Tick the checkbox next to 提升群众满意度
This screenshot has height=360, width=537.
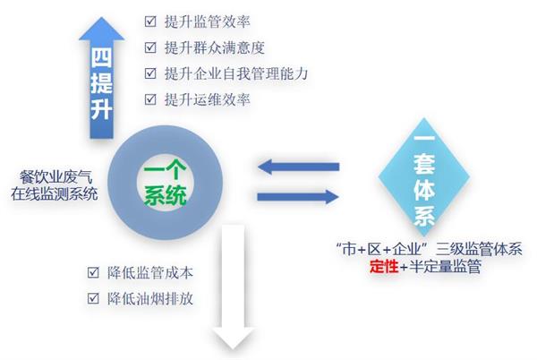[x=150, y=47]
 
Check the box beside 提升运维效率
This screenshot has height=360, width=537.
[x=150, y=99]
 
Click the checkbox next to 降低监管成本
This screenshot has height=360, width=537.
[x=93, y=271]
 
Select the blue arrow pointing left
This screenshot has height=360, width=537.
[x=295, y=166]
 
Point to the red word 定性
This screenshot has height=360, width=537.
[x=385, y=266]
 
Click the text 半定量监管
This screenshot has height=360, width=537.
[x=439, y=266]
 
